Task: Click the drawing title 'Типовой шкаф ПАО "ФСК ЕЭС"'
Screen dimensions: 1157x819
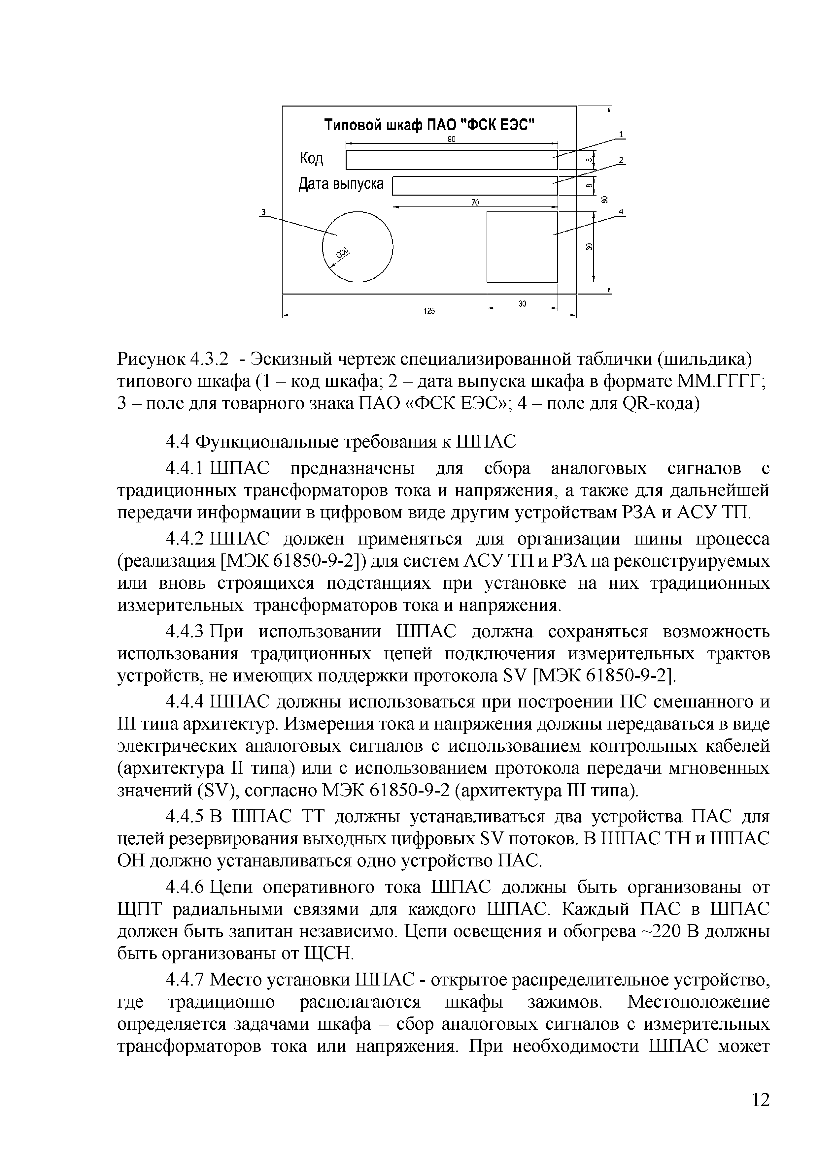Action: point(429,124)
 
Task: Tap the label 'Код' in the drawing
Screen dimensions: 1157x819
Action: point(312,159)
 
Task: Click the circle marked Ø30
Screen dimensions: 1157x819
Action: point(357,247)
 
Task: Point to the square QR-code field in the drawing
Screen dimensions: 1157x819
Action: point(522,247)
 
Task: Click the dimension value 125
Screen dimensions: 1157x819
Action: point(429,311)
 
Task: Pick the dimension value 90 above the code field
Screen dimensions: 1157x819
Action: point(451,140)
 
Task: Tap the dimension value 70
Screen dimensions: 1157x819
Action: point(475,203)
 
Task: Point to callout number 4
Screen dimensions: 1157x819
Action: point(621,212)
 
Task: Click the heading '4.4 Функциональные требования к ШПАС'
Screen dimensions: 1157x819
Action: point(341,442)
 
